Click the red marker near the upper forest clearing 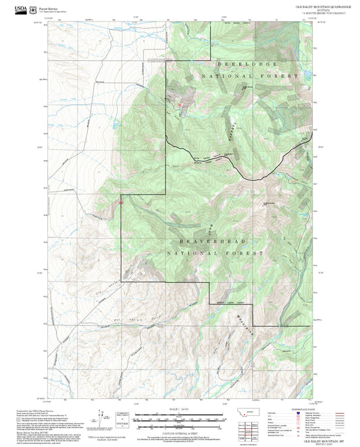[180, 105]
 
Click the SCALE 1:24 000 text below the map [179, 409]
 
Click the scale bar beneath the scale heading [179, 416]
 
